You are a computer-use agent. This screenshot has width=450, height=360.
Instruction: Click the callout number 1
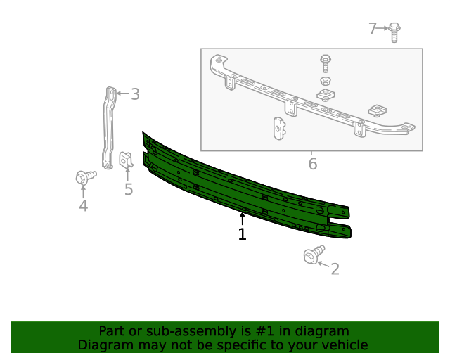click(x=242, y=234)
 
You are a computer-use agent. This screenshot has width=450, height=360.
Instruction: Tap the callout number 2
click(x=335, y=269)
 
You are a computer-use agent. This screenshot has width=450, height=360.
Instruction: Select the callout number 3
click(x=135, y=94)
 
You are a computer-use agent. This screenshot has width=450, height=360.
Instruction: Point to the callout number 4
click(x=83, y=205)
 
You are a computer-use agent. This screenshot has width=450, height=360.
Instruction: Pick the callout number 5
click(x=129, y=189)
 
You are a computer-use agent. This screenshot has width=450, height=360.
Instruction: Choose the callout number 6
click(x=312, y=165)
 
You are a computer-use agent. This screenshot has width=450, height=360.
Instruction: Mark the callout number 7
click(x=373, y=28)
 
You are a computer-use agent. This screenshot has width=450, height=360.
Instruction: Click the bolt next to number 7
click(x=394, y=31)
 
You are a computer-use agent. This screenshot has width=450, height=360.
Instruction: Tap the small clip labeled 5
click(x=127, y=161)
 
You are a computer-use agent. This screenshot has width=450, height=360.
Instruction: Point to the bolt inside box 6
click(x=326, y=63)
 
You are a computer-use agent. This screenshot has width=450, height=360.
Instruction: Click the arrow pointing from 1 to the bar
click(x=242, y=218)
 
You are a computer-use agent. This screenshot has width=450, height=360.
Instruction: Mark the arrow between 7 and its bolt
click(x=384, y=28)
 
